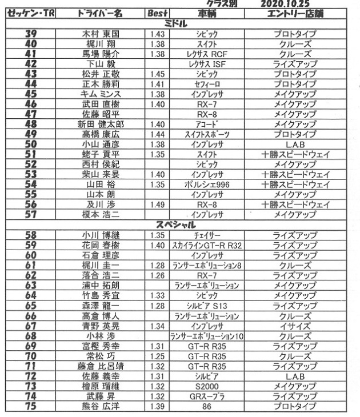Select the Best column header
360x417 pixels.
point(155,13)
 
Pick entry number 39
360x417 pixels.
point(31,34)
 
